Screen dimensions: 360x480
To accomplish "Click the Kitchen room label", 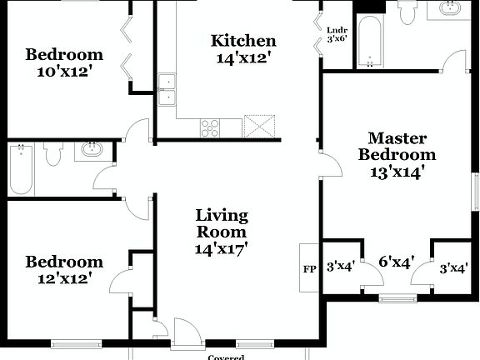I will point(243,41).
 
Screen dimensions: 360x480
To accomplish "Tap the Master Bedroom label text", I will point(397,146).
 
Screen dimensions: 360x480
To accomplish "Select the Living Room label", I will point(222,223).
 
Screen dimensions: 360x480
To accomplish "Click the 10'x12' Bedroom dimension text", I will point(64,72).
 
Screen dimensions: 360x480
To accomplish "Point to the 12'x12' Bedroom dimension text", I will point(64,279).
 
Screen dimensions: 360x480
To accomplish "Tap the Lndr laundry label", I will point(337,29).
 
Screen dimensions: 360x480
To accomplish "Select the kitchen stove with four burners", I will point(210,127).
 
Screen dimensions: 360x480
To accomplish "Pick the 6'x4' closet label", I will point(397,264).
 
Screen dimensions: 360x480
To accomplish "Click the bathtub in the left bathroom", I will point(21,169).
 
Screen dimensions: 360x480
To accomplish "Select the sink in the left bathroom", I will point(91,151).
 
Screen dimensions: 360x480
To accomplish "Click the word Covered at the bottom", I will point(226,357).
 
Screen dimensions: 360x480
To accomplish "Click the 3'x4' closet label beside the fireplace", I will point(340,267).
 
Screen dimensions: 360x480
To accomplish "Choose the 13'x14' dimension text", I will point(398,172).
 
